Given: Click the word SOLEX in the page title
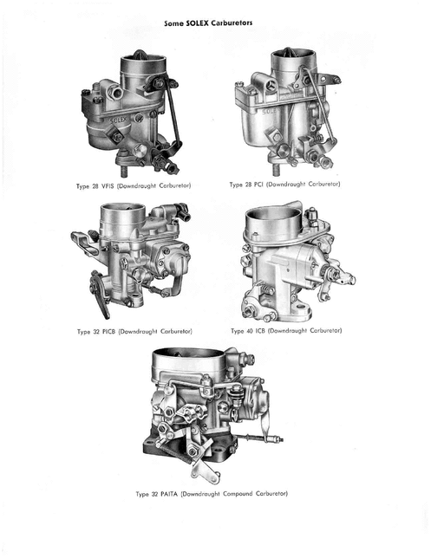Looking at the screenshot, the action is tap(197, 23).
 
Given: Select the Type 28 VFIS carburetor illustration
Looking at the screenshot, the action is tap(131, 114).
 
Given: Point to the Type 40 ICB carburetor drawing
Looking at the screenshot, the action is tap(297, 261).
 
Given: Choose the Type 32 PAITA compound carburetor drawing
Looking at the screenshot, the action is tap(213, 415).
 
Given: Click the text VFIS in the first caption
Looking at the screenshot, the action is tap(108, 185).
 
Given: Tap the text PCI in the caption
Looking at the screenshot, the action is tap(258, 185).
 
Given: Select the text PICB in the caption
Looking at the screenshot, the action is tap(108, 332).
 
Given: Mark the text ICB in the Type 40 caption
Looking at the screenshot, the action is tap(260, 331).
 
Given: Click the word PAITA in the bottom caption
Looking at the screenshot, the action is tap(169, 494).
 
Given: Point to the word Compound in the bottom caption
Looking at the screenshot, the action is tap(238, 494).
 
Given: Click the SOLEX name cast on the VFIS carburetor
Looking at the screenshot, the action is tap(118, 120).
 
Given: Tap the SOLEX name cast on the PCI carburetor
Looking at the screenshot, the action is tap(270, 112).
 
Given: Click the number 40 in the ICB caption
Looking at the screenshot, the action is tap(250, 331).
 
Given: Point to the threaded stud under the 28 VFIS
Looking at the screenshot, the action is tap(124, 172).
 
